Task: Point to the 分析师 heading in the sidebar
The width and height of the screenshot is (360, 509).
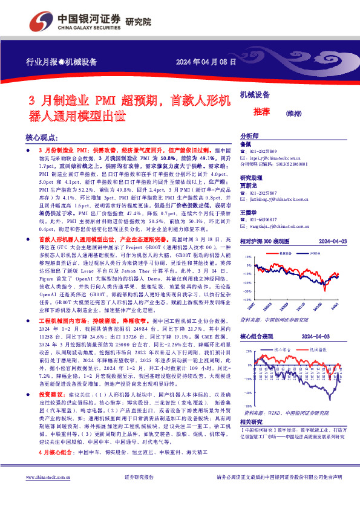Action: pos(250,137)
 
